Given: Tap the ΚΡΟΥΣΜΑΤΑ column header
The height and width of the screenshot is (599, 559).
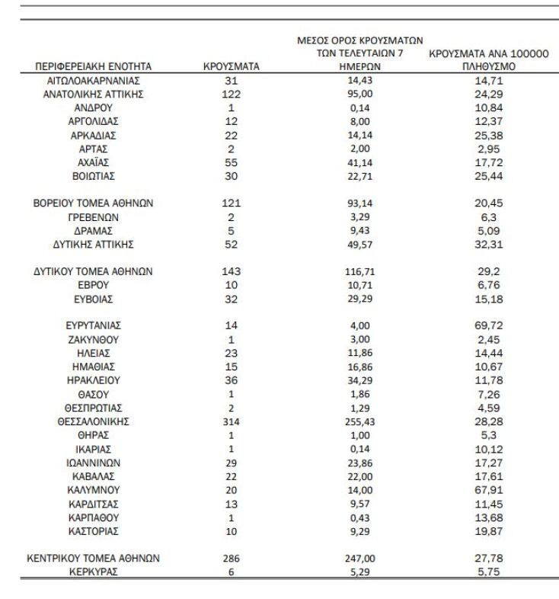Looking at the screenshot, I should pyautogui.click(x=232, y=67).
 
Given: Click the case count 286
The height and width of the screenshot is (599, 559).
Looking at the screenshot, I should pyautogui.click(x=232, y=559).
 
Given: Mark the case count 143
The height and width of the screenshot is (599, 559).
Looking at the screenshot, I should pyautogui.click(x=232, y=271).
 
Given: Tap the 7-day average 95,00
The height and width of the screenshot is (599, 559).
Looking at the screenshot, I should pyautogui.click(x=359, y=94).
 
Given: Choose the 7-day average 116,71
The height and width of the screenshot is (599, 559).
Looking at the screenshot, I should pyautogui.click(x=359, y=271).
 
